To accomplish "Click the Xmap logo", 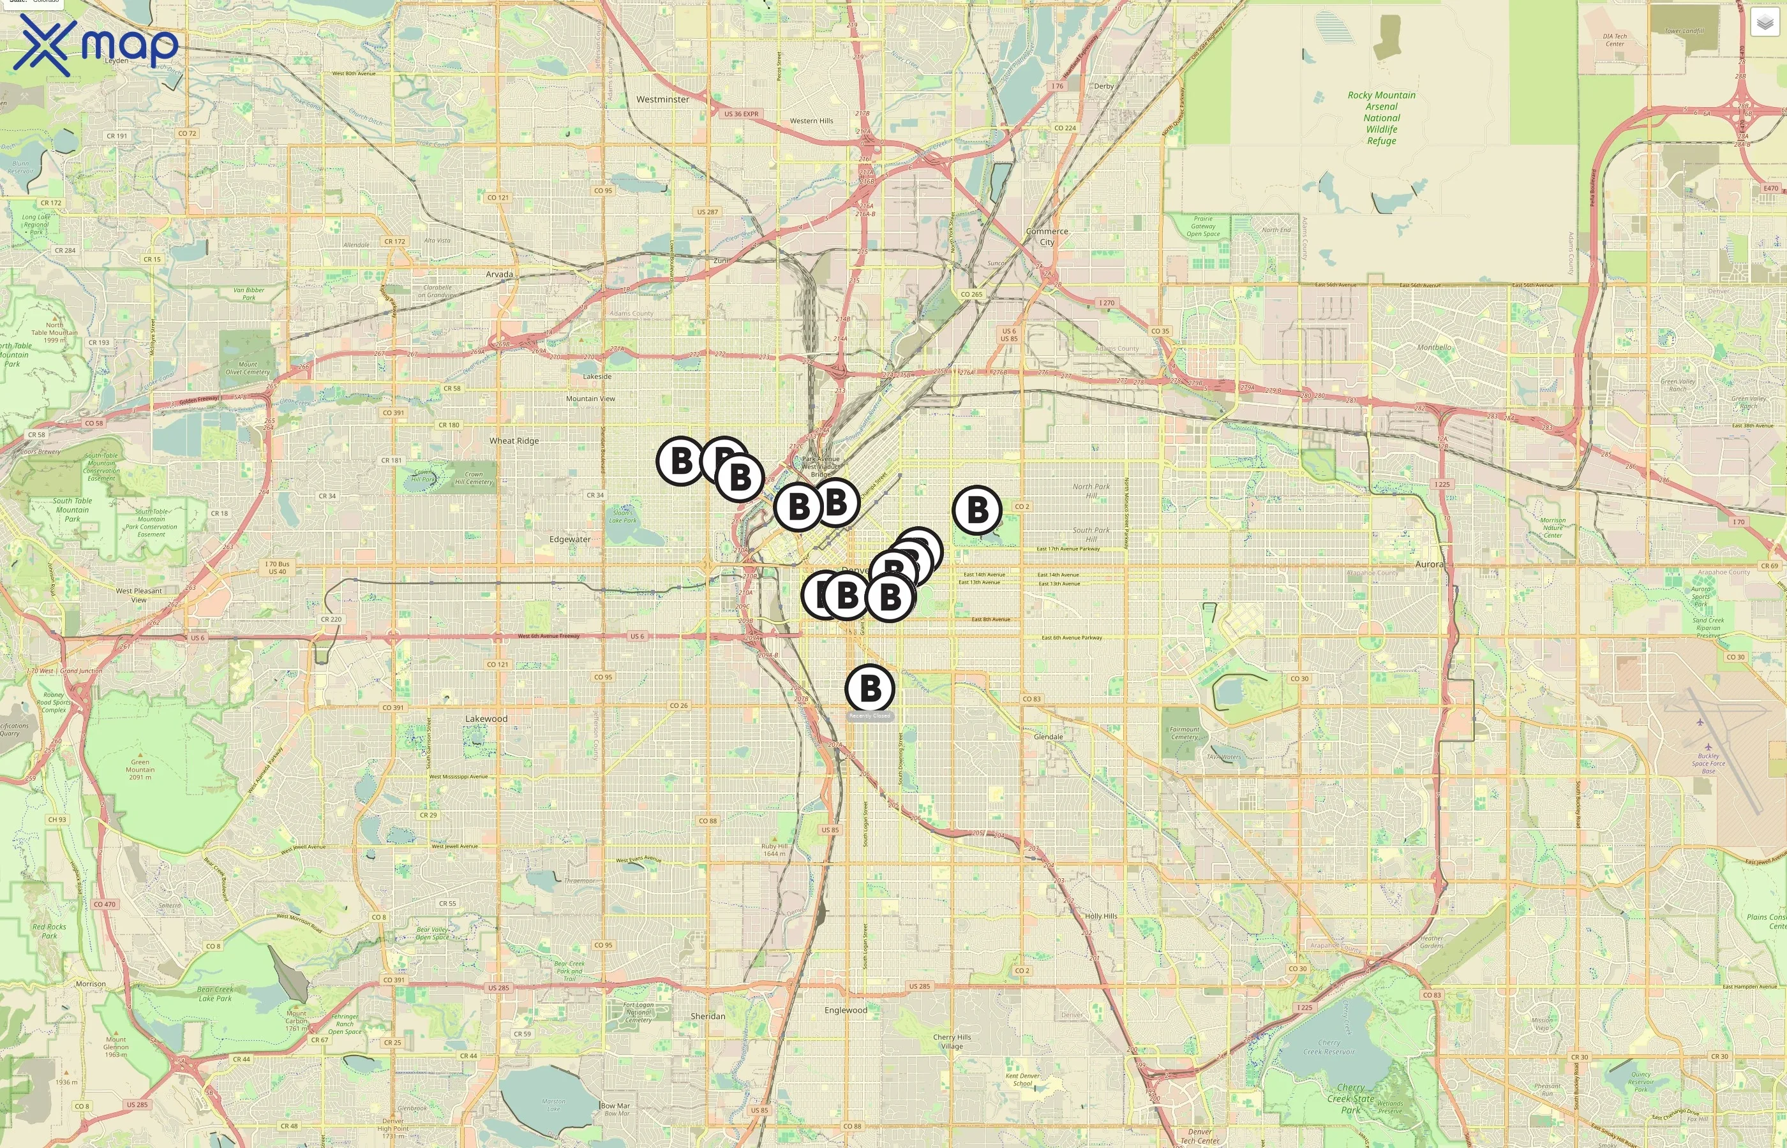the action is click(96, 45).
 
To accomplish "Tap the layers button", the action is click(1765, 23).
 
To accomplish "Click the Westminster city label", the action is click(662, 99).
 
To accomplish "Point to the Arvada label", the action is click(499, 274).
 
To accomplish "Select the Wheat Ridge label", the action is click(514, 441).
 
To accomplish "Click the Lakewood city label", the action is click(486, 719).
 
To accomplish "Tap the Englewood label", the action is click(846, 1010).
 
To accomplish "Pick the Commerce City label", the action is click(1047, 237).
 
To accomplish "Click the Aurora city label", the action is click(1429, 564).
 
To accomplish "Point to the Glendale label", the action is click(1048, 737).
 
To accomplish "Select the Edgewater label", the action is click(570, 539).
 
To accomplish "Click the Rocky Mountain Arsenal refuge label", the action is click(1381, 118).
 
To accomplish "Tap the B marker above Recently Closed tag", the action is click(870, 688).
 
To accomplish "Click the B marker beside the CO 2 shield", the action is click(977, 510).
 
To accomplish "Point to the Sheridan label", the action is click(708, 1016).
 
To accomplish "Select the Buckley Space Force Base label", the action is click(1708, 763).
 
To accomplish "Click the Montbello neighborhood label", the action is click(1433, 348).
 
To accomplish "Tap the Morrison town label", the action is click(91, 984).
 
